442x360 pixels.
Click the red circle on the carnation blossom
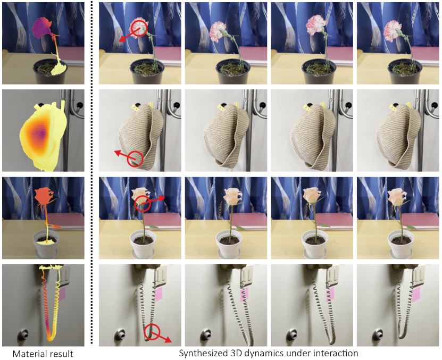coord(139,29)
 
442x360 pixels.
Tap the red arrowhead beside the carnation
coord(121,39)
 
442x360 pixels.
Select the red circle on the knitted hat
coord(136,158)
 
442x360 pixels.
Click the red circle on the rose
coord(143,203)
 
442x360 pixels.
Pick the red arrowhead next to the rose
coord(163,197)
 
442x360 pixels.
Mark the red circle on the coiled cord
coord(153,332)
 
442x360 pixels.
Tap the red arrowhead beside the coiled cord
coord(169,341)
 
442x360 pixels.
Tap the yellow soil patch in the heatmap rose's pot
coord(48,240)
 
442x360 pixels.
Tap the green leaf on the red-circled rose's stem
coord(153,227)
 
